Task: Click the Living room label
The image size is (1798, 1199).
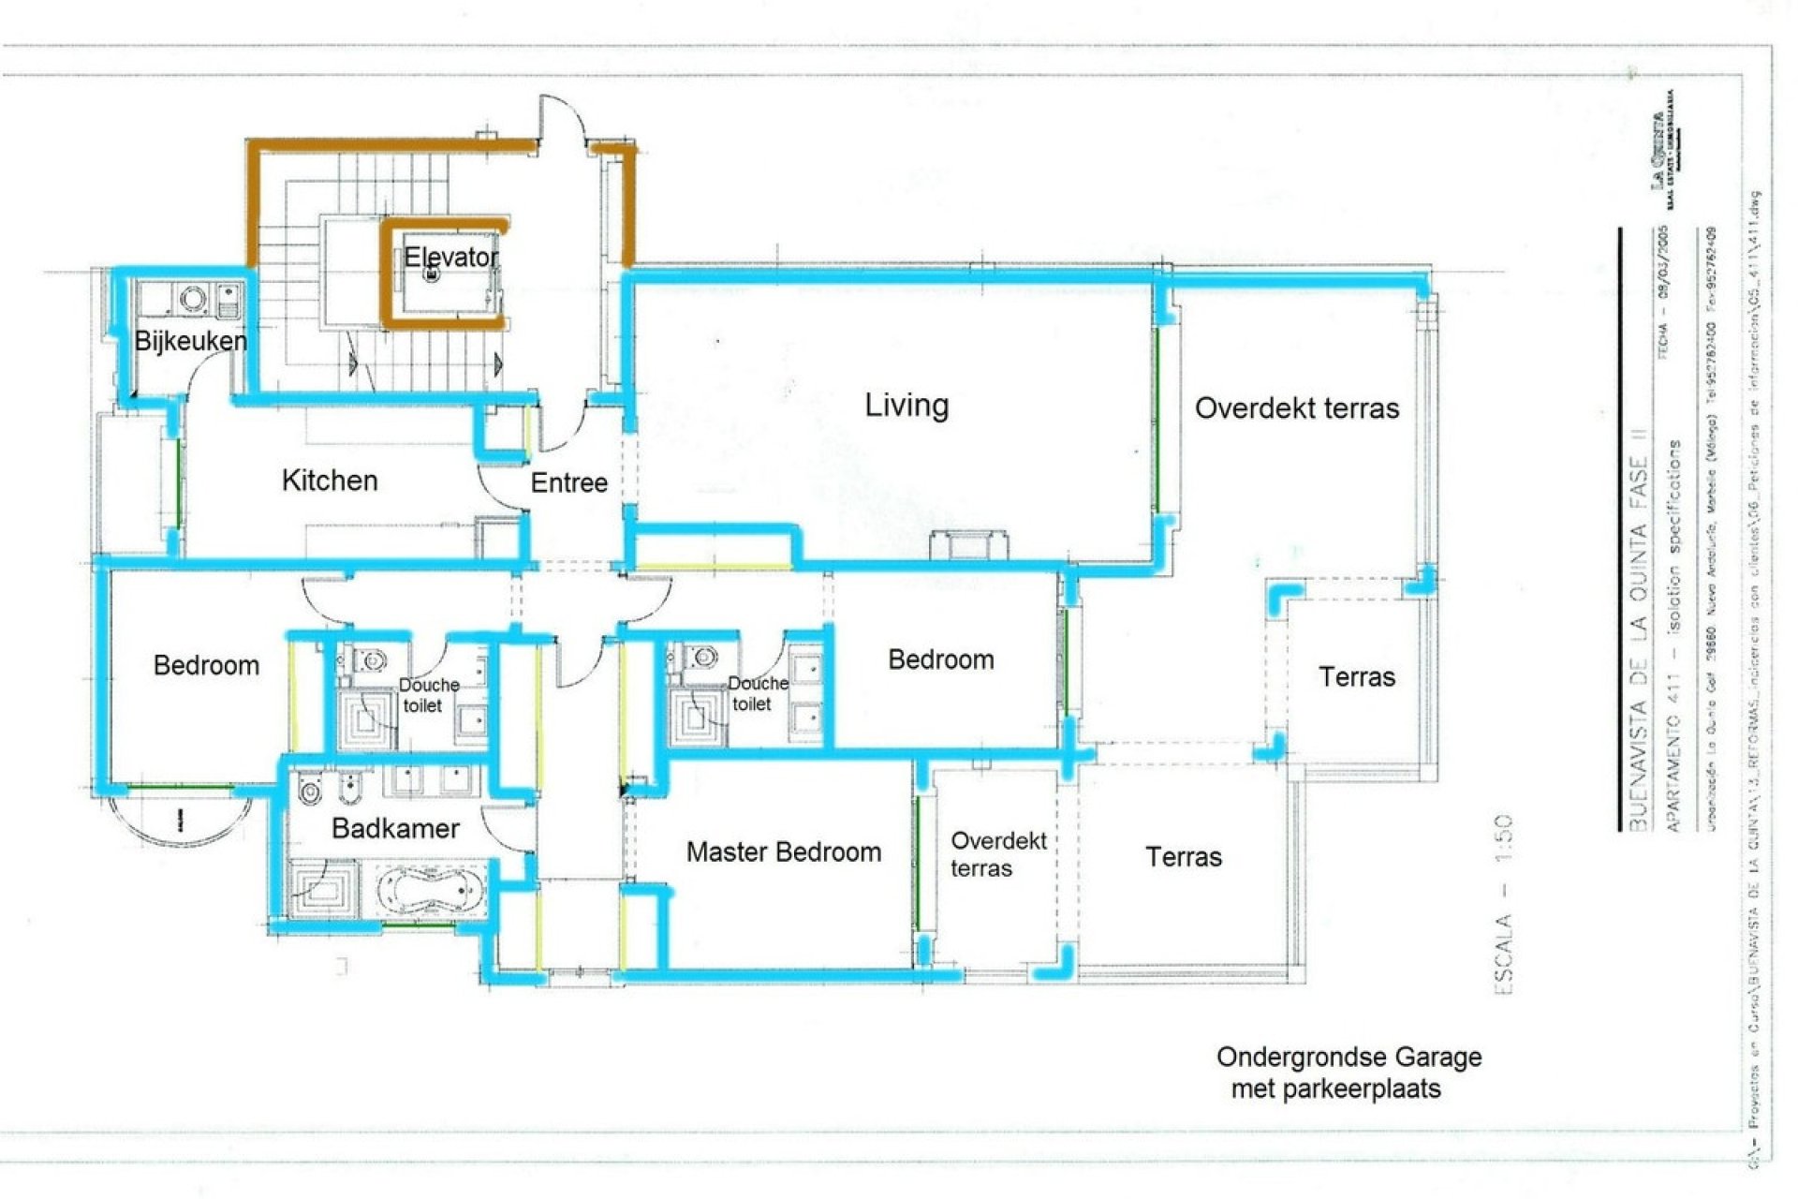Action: (906, 406)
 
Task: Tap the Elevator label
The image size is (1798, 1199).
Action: (450, 257)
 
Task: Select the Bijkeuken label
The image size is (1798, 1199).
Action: (191, 341)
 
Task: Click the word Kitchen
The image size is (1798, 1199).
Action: (330, 481)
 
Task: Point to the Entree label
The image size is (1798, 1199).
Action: (568, 482)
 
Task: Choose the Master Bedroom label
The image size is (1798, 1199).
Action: (783, 851)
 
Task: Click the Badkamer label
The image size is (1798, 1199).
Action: (395, 828)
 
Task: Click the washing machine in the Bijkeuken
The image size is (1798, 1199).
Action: (193, 299)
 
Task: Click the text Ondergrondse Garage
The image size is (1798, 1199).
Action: (1348, 1058)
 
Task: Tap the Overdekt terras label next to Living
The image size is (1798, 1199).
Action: (1296, 408)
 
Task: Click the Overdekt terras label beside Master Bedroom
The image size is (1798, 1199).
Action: (997, 853)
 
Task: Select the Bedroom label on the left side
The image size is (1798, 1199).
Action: (206, 665)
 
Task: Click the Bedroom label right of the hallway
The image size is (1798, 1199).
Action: (940, 659)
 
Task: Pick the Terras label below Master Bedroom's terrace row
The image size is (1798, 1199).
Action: (1183, 857)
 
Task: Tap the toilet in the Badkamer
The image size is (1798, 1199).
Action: (310, 792)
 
